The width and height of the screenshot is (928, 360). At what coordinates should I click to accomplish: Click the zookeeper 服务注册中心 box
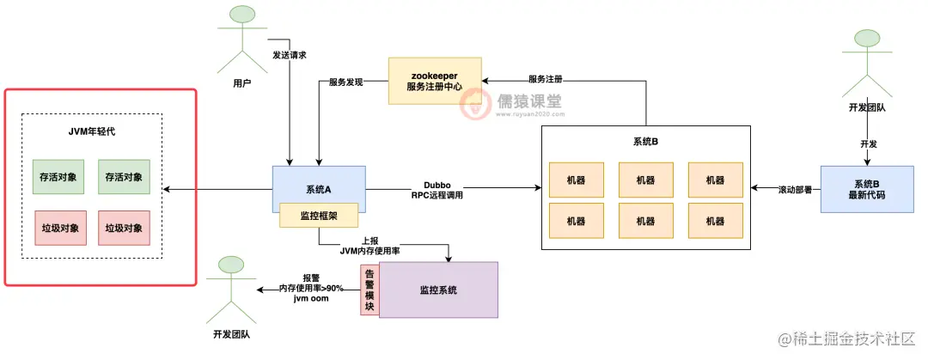tap(433, 81)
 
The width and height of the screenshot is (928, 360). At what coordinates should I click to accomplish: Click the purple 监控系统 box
tap(438, 290)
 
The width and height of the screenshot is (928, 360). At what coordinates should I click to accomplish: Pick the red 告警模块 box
tap(369, 290)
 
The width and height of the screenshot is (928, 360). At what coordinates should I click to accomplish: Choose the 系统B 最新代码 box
tap(867, 188)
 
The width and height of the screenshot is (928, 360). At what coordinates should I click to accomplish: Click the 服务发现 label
tap(346, 82)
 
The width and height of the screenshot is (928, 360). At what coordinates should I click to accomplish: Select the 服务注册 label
tap(546, 80)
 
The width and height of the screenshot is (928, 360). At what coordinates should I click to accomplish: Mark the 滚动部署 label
tap(790, 188)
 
